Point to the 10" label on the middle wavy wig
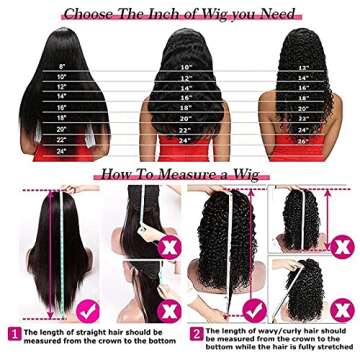[x=185, y=67]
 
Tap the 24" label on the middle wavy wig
[x=185, y=139]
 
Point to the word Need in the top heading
[x=278, y=15]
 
